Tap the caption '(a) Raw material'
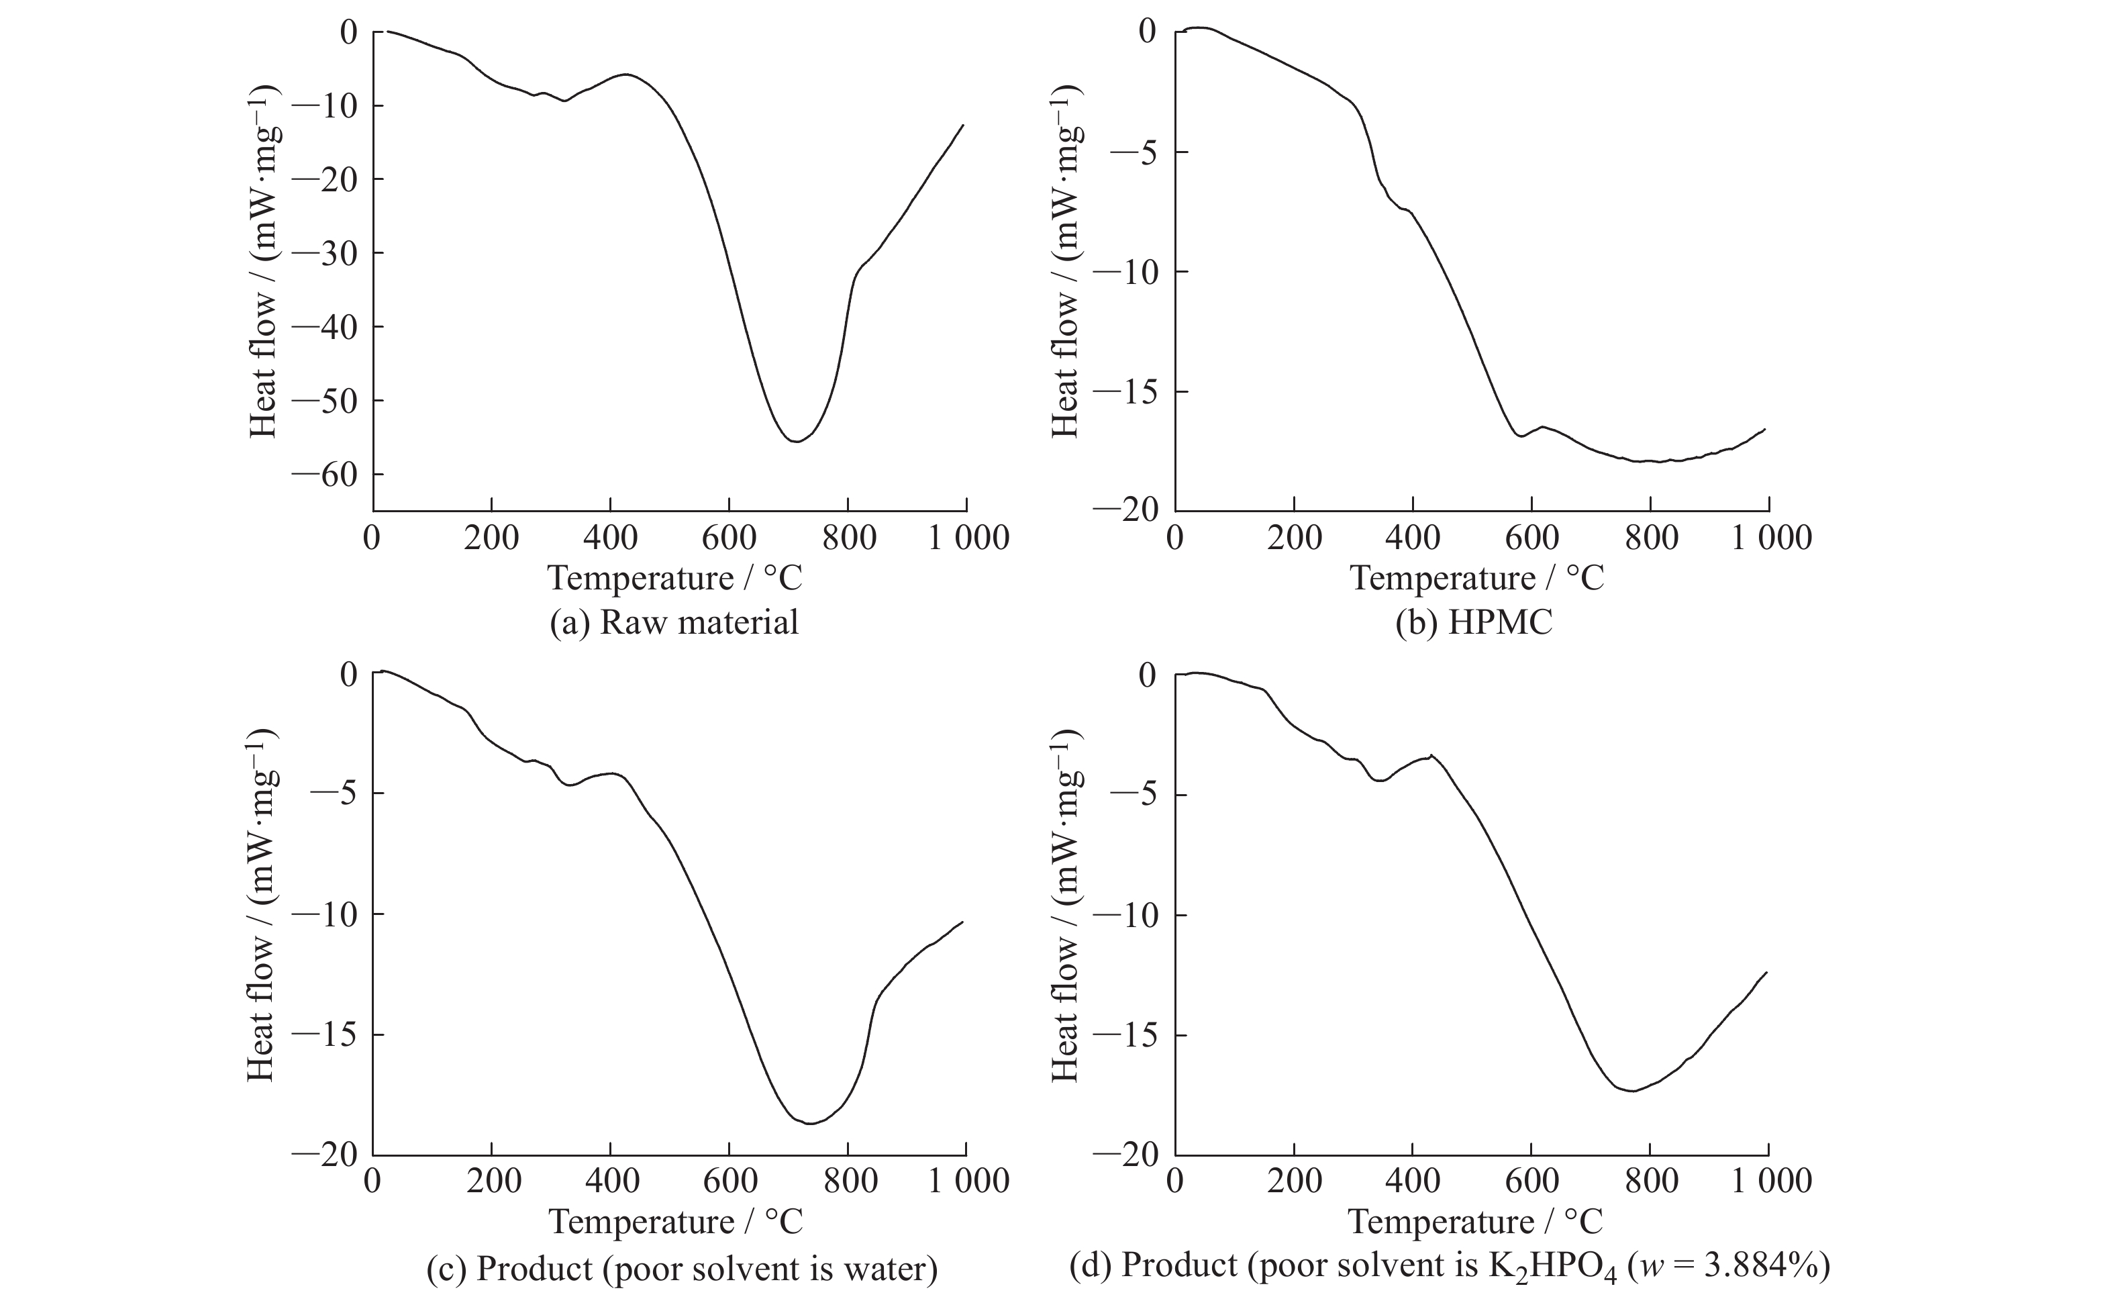(674, 622)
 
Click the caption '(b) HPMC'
(1474, 622)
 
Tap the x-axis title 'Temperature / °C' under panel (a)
(674, 577)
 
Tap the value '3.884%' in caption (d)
(1760, 1266)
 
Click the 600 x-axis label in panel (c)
(730, 1181)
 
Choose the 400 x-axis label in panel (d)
(1413, 1181)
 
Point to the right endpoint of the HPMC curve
(1764, 429)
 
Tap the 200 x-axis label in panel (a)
(491, 538)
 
